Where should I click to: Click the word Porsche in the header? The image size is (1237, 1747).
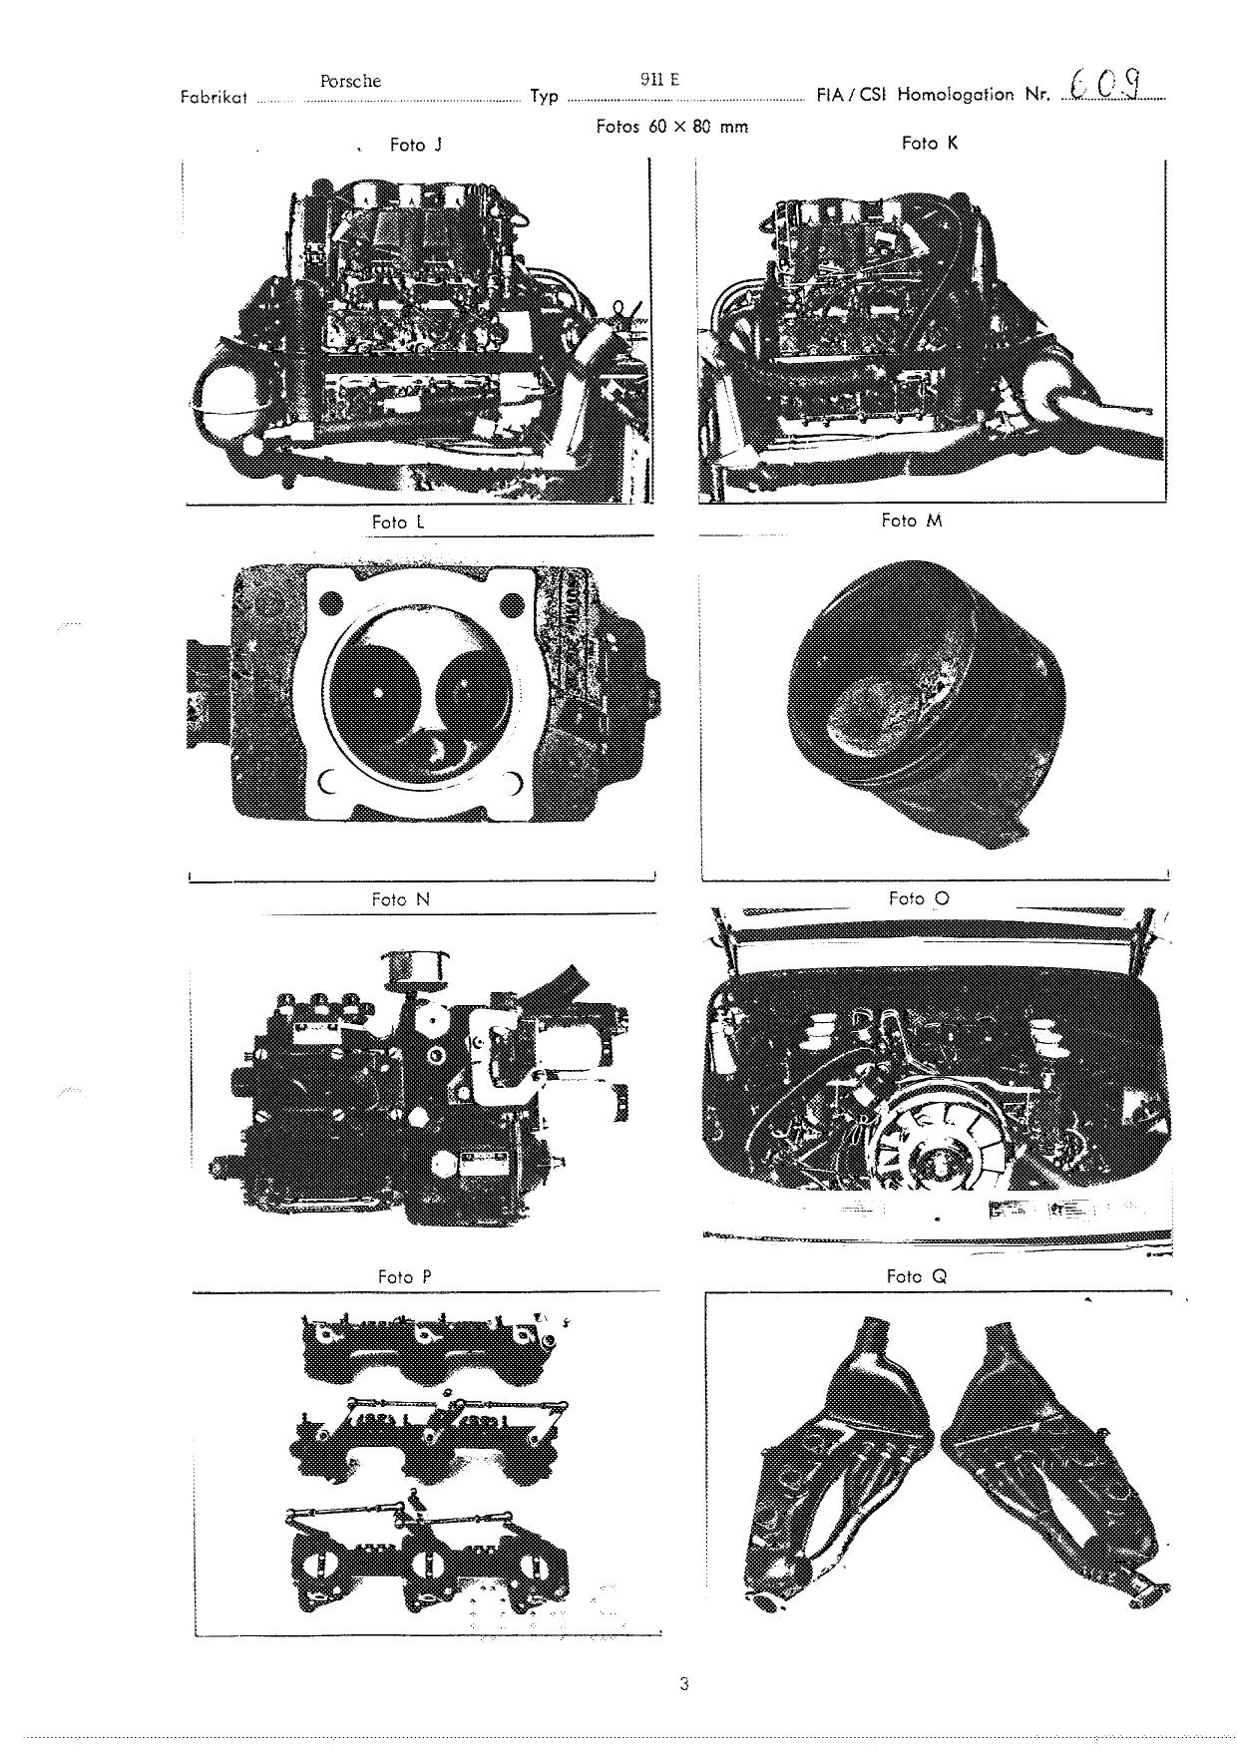pyautogui.click(x=350, y=82)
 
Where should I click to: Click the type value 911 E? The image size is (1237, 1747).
pyautogui.click(x=659, y=80)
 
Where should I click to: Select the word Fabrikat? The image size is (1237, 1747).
pyautogui.click(x=213, y=98)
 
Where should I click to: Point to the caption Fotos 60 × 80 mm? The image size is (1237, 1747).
pyautogui.click(x=671, y=127)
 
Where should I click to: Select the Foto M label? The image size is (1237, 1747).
pyautogui.click(x=911, y=521)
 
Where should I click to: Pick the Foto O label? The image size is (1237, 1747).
pyautogui.click(x=919, y=898)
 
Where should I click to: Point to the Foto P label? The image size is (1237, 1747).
pyautogui.click(x=404, y=1277)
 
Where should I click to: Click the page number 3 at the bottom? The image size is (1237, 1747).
pyautogui.click(x=683, y=1684)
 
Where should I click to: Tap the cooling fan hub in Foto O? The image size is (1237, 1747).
pyautogui.click(x=939, y=1163)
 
